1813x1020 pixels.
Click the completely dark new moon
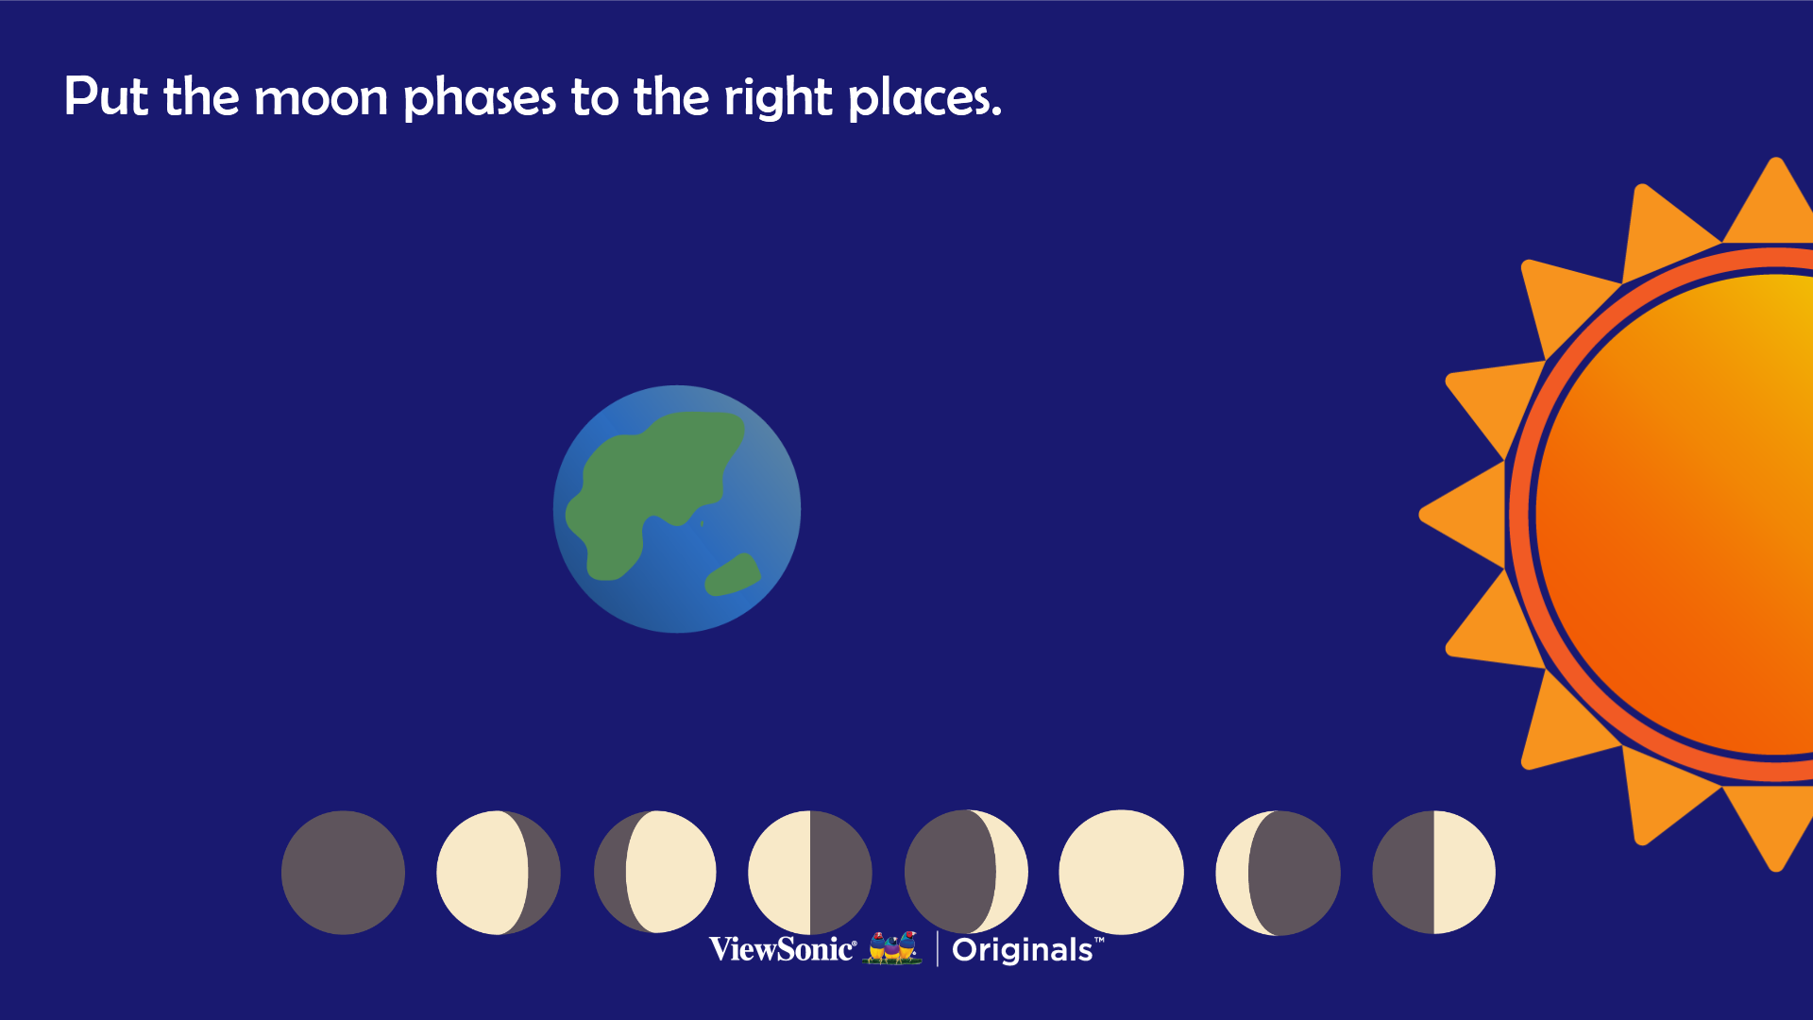[343, 873]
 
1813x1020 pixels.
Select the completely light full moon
[1121, 873]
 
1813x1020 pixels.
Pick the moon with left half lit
[810, 873]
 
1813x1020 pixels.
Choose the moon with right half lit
[1433, 873]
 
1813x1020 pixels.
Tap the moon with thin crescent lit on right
[966, 873]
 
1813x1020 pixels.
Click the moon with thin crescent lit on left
[1278, 873]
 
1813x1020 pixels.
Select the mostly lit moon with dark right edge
[499, 873]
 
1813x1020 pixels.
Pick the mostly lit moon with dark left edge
[655, 872]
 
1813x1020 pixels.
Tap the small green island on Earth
[733, 575]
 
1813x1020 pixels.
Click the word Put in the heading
[106, 96]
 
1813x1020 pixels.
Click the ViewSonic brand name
[783, 948]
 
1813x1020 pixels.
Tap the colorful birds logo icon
[893, 947]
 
